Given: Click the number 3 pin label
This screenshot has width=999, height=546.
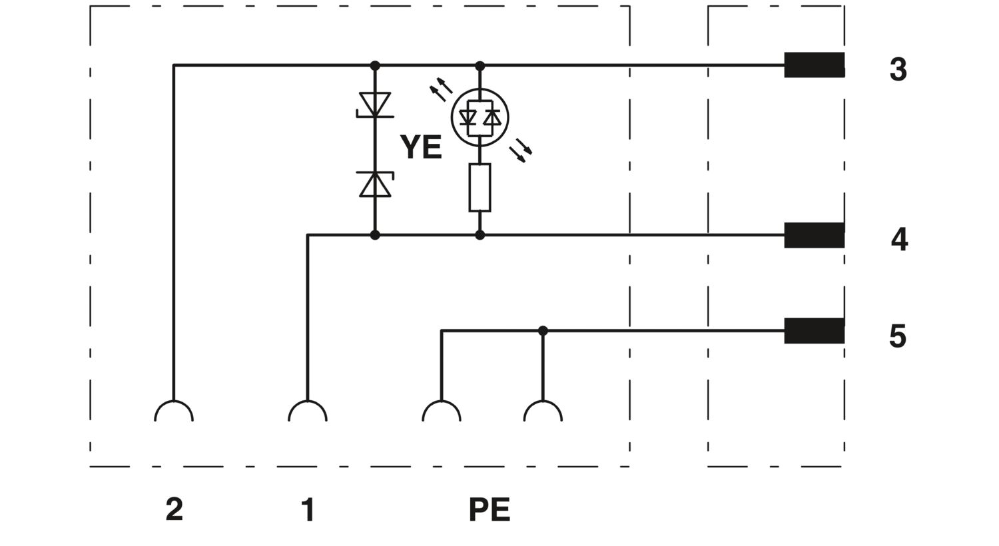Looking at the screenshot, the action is [898, 69].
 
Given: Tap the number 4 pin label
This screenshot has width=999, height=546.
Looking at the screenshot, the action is [899, 239].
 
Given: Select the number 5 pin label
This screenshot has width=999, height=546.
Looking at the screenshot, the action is [898, 336].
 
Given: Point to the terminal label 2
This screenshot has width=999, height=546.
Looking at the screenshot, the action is [174, 509].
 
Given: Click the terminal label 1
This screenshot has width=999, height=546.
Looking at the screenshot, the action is [308, 509].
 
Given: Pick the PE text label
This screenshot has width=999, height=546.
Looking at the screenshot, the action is [490, 509].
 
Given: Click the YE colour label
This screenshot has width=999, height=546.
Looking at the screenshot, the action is [421, 146].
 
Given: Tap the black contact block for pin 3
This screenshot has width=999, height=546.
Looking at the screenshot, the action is [815, 65].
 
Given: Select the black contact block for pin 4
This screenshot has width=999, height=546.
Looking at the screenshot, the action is [815, 235].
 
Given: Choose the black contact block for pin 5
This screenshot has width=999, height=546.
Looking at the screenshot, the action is [815, 331].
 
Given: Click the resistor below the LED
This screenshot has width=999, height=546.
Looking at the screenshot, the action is [480, 188].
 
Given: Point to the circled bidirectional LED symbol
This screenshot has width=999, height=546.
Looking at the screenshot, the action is [480, 117].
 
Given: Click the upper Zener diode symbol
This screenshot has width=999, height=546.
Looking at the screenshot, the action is [375, 105].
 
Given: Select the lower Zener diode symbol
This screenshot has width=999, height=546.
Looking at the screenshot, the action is [375, 184].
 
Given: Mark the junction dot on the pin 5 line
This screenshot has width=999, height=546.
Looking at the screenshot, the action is [543, 331].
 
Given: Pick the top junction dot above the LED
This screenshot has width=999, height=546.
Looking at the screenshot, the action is [480, 66].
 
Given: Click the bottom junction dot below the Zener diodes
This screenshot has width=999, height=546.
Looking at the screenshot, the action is [375, 235].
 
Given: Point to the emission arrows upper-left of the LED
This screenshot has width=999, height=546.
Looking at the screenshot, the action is [441, 89].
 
